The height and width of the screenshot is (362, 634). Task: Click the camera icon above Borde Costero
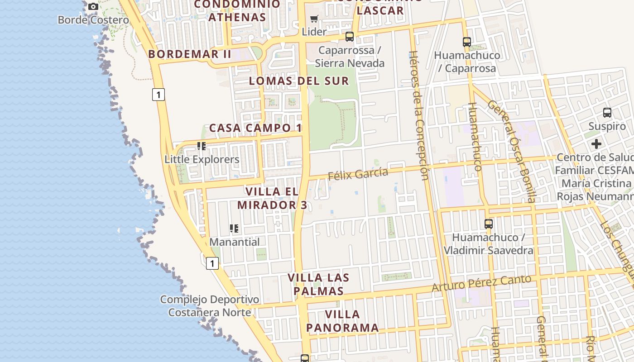(x=93, y=7)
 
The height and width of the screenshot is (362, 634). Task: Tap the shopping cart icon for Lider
(x=314, y=19)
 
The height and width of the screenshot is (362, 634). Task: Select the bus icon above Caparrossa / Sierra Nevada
(x=349, y=37)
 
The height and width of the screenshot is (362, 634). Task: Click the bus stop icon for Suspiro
(x=607, y=113)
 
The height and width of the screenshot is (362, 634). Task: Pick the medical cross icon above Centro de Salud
(x=596, y=144)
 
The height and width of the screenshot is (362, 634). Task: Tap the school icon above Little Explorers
(x=202, y=146)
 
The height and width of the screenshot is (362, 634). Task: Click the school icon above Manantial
(x=234, y=229)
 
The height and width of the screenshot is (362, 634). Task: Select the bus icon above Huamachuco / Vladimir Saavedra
(x=488, y=224)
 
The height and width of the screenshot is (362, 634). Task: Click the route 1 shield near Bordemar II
(x=158, y=95)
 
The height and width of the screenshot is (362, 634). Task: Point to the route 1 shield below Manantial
(x=212, y=263)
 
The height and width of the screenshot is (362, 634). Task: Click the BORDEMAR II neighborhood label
(x=190, y=54)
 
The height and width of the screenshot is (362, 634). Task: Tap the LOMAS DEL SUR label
(x=299, y=81)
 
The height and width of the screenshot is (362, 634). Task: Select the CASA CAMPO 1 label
(x=255, y=128)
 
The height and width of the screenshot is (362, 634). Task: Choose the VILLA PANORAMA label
(x=342, y=321)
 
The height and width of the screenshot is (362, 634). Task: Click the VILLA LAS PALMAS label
(x=318, y=284)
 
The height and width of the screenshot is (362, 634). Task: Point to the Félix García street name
(x=358, y=174)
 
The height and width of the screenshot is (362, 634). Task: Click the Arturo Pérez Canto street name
(x=481, y=283)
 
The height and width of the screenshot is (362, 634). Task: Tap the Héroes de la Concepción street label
(x=418, y=115)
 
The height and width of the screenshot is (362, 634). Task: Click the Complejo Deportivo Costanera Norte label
(x=210, y=306)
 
